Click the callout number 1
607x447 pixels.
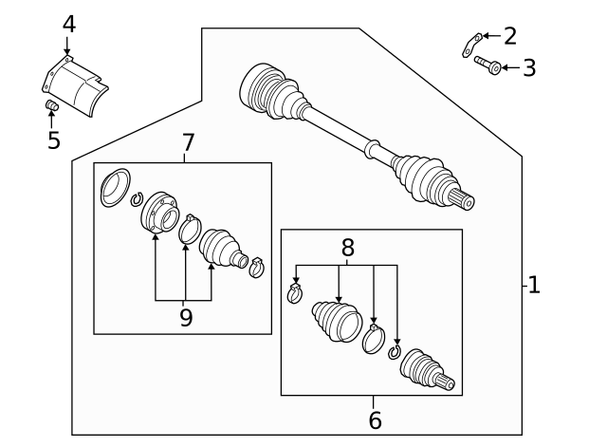534,284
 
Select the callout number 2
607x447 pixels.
510,36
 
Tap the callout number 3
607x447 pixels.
529,67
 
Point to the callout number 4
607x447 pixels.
68,23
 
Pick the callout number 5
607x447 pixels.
54,140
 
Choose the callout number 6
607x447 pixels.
375,419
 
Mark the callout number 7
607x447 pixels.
188,142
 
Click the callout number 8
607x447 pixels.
348,249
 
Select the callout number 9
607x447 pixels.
186,318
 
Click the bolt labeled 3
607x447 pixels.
486,65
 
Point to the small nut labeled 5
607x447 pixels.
53,105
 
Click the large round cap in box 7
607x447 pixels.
115,186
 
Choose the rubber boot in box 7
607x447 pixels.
223,247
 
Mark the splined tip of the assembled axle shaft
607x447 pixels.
464,200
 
